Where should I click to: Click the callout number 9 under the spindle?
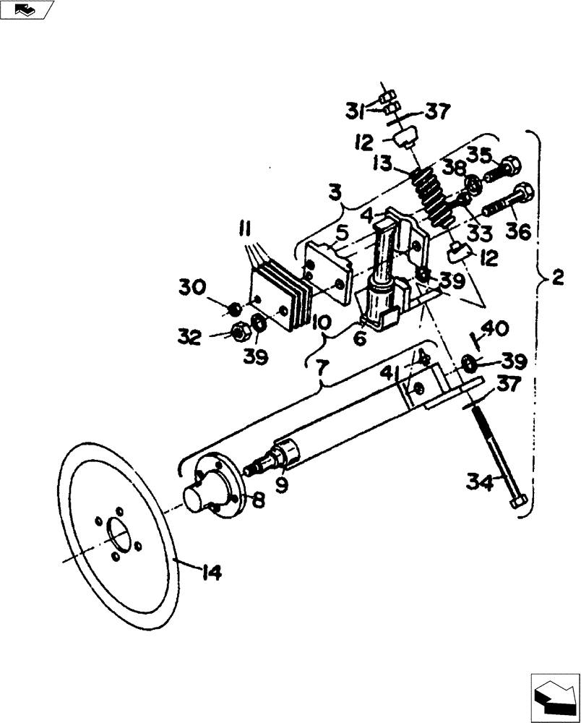281,484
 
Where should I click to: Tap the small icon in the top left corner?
26,9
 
